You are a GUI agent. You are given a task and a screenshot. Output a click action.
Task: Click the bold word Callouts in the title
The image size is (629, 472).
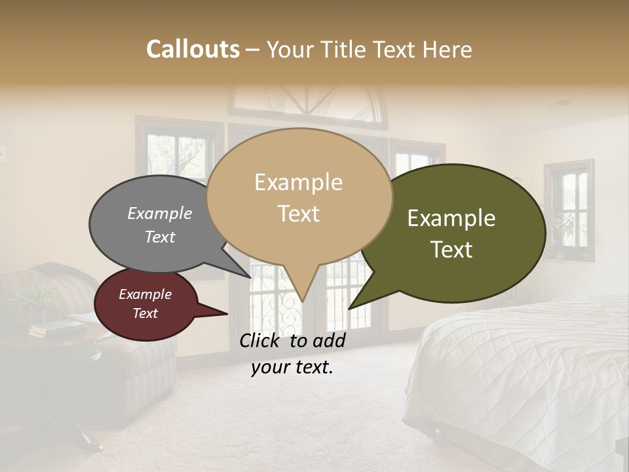tap(193, 49)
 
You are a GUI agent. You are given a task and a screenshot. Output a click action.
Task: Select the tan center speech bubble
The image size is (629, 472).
tap(299, 197)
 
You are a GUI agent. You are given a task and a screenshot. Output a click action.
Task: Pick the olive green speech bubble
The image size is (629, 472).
tap(459, 233)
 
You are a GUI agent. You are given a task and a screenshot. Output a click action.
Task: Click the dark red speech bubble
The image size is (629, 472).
tap(145, 304)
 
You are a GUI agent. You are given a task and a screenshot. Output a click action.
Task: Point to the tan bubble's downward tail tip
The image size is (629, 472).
tap(302, 301)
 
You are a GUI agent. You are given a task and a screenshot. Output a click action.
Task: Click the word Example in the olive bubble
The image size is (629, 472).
tap(451, 218)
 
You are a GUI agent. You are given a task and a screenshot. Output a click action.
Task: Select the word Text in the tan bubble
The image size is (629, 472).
tap(299, 214)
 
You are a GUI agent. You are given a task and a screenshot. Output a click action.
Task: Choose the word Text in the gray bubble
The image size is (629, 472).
tap(160, 237)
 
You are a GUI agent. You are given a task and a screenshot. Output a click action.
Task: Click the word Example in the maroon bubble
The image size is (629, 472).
tap(145, 294)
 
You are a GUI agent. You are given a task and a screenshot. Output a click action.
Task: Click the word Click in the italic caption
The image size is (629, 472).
tap(261, 340)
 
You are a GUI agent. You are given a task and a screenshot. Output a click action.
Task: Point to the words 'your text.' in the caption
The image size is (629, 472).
tap(292, 367)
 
